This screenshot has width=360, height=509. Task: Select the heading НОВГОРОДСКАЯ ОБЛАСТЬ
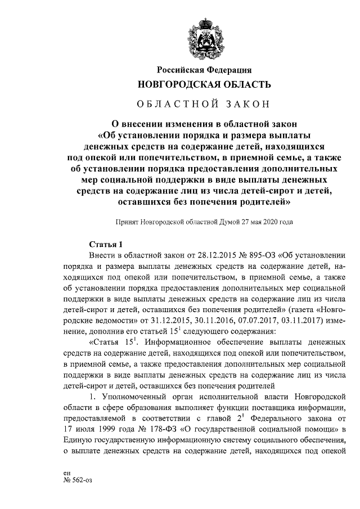[x=200, y=85]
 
